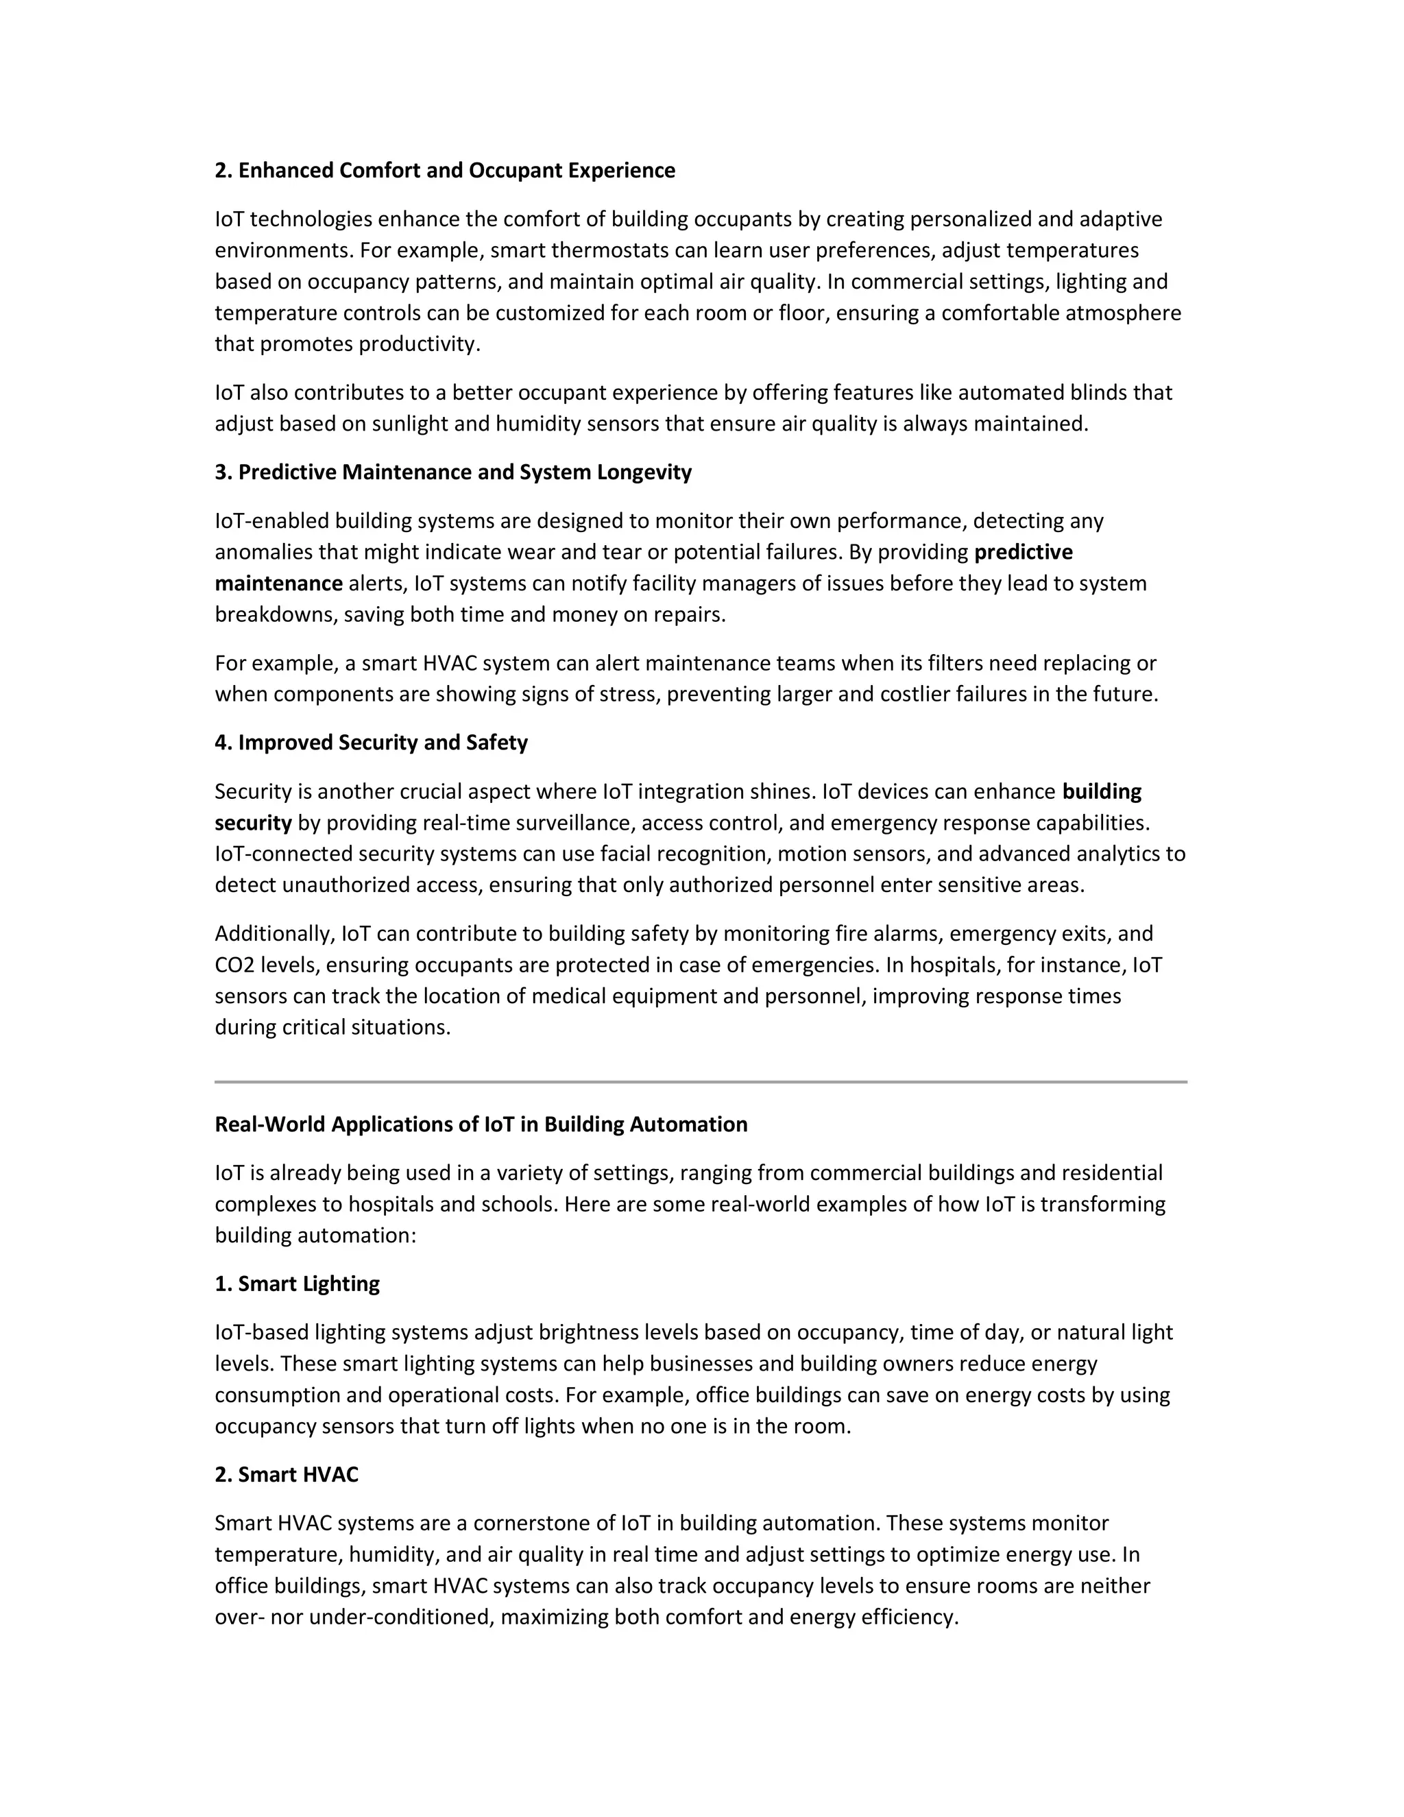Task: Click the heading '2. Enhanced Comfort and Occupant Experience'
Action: (445, 171)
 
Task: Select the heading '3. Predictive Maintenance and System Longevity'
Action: (453, 472)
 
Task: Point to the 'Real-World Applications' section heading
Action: (481, 1124)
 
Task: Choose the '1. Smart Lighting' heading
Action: (297, 1284)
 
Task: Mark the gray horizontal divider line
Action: (701, 1083)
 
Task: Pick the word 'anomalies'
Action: (261, 553)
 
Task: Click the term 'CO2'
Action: (234, 965)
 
